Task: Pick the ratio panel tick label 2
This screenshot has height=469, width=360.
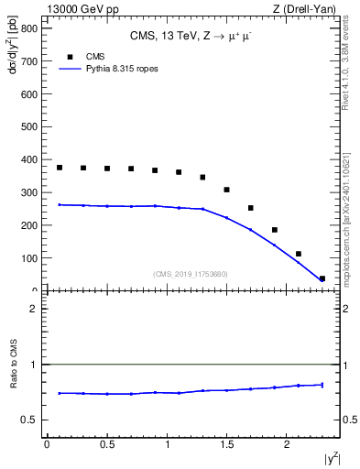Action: point(33,309)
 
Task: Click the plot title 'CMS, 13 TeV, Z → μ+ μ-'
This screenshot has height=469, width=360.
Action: point(191,38)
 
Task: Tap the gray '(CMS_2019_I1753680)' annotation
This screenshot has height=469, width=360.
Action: point(191,274)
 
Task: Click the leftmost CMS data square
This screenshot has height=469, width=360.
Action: point(60,168)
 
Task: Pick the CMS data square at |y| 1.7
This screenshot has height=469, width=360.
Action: point(250,208)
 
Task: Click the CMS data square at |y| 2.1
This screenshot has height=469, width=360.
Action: point(299,254)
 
